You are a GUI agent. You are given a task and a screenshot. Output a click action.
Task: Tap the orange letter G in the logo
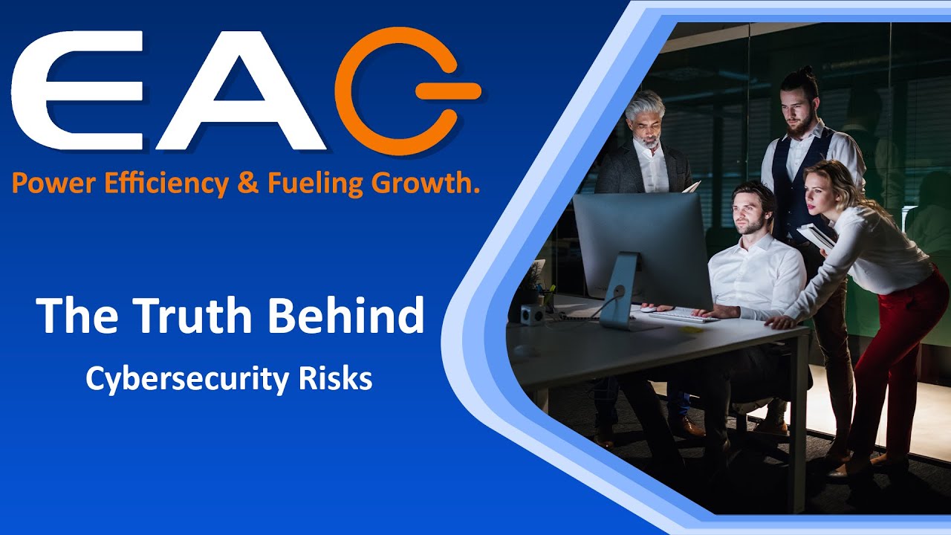click(x=405, y=91)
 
